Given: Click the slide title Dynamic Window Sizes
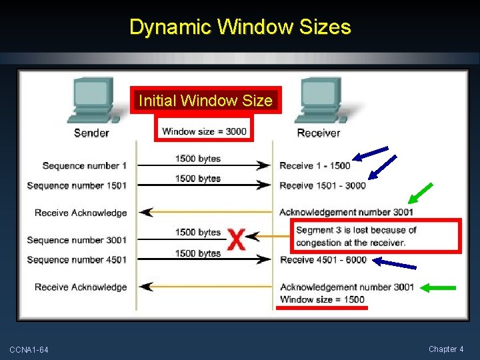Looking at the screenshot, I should pos(240,27).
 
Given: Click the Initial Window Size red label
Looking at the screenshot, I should pos(205,101).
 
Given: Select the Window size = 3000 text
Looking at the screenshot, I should pos(204,131).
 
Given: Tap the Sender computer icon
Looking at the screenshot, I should pos(92,101).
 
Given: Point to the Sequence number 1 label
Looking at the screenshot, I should pos(84,165).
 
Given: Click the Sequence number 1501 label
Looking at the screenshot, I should pos(77,185).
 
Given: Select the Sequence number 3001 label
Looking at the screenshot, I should pos(77,240).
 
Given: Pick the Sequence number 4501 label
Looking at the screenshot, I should pos(77,259).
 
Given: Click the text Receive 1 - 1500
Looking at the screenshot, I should pos(314,165).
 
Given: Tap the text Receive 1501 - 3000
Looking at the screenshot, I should pos(322,185).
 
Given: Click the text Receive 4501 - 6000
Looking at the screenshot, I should pos(323,259).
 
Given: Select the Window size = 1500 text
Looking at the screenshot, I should pos(322,299).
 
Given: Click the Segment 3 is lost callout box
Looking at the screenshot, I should pos(377,235).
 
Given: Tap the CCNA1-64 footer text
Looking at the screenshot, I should pos(29,350).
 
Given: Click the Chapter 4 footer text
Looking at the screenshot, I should pos(446,349).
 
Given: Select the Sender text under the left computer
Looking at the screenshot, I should pos(91,133).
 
